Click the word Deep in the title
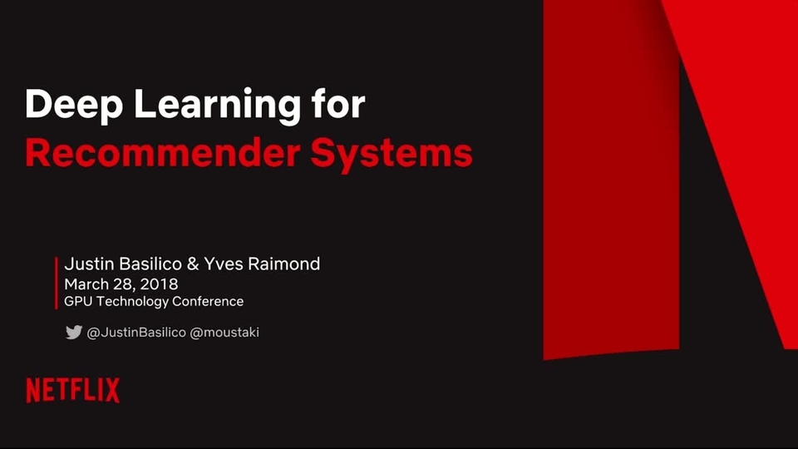coord(74,106)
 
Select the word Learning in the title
coord(217,106)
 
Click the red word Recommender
coord(162,153)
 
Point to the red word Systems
coord(392,155)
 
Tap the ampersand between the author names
coord(193,264)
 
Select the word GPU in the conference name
coord(78,301)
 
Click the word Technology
coord(132,302)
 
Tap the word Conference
coord(208,301)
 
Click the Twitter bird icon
coord(74,332)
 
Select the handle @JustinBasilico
coord(136,333)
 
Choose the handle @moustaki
coord(224,333)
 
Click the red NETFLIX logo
coord(73,391)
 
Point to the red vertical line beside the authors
coord(57,283)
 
